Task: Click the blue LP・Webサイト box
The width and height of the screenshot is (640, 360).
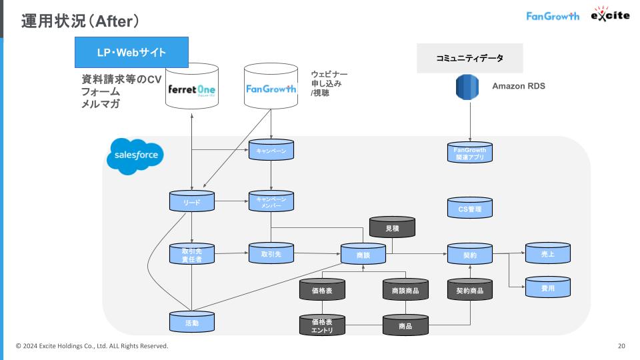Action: (131, 52)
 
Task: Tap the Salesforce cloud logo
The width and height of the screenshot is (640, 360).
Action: (135, 156)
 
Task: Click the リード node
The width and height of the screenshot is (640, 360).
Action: (192, 201)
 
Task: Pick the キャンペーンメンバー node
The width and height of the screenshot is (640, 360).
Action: (271, 201)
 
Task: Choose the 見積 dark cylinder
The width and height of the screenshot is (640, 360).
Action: (393, 228)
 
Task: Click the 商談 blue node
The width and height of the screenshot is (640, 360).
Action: (363, 254)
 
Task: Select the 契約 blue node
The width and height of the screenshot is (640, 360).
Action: (469, 254)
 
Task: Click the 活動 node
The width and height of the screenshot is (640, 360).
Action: (192, 323)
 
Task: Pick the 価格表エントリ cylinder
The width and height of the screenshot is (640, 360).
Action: (322, 325)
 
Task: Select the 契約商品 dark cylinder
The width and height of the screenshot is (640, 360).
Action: (469, 290)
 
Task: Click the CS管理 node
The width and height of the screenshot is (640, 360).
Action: (469, 208)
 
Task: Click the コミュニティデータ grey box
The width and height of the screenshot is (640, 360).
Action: (469, 59)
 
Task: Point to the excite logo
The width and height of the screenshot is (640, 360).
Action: (609, 15)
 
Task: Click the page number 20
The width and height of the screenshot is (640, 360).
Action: (621, 346)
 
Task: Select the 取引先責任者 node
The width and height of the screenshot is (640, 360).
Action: (192, 254)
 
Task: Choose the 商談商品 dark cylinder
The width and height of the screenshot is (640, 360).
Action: (405, 290)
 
